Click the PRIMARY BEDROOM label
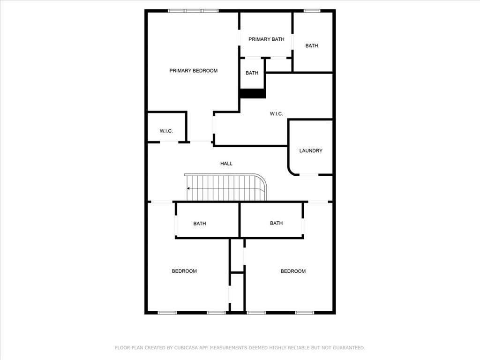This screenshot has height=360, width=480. tap(193, 71)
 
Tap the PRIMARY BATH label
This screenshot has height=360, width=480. tap(266, 39)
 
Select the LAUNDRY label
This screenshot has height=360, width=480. tap(311, 151)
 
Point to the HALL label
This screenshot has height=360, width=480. tap(226, 164)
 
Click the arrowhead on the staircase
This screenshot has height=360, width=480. tap(188, 188)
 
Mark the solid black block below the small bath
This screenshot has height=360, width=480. tap(253, 93)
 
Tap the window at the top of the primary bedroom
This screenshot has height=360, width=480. tap(194, 11)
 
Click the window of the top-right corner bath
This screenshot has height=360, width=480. tap(312, 11)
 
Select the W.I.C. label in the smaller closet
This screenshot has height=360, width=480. tap(166, 131)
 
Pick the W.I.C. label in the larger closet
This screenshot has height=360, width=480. tap(277, 114)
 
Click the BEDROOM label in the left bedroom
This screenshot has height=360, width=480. tap(184, 271)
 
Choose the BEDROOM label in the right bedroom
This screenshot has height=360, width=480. tap(293, 271)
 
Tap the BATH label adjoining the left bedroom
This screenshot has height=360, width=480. tap(200, 224)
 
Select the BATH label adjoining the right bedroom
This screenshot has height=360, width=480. tap(276, 223)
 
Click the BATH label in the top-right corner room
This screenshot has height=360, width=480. tap(312, 46)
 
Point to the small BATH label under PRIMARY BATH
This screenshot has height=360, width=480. tap(252, 73)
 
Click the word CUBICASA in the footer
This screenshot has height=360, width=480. tap(185, 348)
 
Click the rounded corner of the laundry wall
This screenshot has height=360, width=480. tap(292, 172)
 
